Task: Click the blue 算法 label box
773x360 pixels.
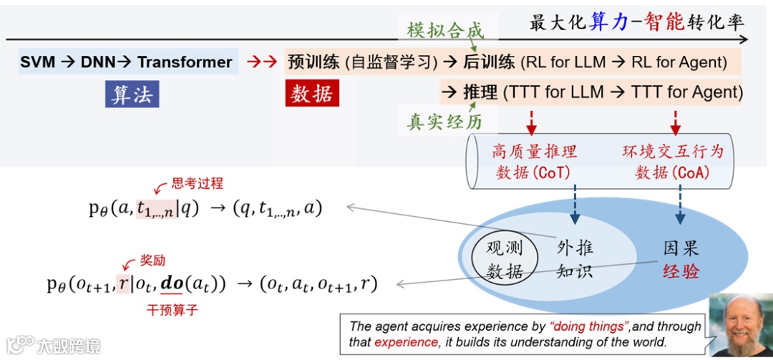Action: (132, 94)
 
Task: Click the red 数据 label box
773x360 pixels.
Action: (312, 94)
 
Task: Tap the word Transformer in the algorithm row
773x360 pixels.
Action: (185, 62)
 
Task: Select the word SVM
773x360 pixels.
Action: (38, 62)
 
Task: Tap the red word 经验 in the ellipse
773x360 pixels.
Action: (680, 272)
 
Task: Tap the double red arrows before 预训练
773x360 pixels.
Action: (261, 62)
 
